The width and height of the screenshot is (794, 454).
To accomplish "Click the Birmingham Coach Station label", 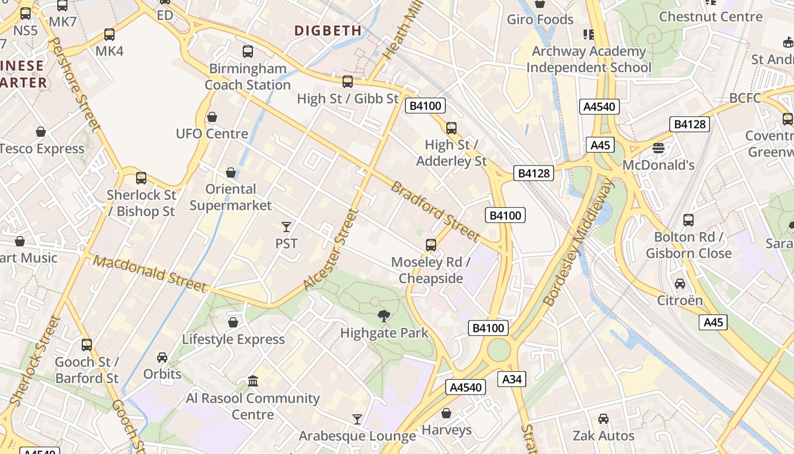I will (x=248, y=77).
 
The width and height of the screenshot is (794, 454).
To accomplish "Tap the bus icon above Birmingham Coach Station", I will (x=248, y=52).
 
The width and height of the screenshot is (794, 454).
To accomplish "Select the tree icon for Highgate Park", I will (x=384, y=316).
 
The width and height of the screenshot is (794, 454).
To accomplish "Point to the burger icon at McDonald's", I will (x=658, y=148).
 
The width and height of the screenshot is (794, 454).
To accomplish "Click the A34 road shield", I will (x=512, y=379).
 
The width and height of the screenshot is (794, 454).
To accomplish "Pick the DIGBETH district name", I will (x=328, y=31).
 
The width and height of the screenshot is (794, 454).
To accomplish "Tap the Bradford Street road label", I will (x=436, y=211).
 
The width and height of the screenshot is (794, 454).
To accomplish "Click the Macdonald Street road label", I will (x=150, y=273).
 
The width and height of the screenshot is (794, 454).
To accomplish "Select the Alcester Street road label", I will (x=332, y=250).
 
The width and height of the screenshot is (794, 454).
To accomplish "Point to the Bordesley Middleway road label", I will (x=579, y=243).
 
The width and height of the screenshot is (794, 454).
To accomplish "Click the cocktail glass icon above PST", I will (x=286, y=227).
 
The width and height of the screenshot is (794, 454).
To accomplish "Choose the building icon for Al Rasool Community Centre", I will (x=253, y=381).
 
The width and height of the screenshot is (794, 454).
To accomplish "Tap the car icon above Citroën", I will (x=679, y=283).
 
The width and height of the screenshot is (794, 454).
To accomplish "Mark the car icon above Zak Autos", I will (x=603, y=419).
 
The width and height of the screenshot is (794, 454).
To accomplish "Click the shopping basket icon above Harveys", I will (x=446, y=413).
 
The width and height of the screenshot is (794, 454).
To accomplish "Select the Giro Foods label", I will (x=540, y=20).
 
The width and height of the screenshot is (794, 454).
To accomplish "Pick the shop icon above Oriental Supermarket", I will (x=231, y=172).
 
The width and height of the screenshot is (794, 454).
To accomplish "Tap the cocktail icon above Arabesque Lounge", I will (x=357, y=419).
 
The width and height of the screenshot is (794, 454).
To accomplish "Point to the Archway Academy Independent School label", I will (x=589, y=60).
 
